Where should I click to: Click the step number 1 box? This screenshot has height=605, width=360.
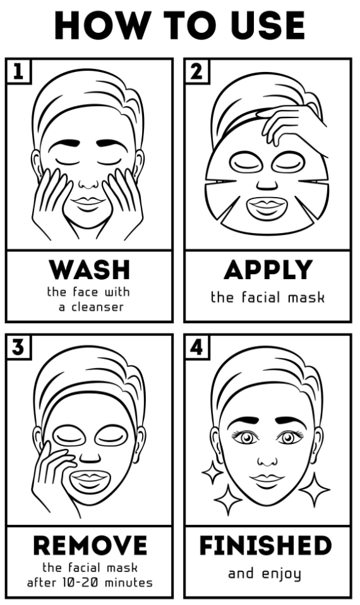click(x=18, y=71)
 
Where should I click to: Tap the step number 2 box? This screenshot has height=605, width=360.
click(x=197, y=71)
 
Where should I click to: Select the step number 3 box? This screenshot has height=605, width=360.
click(x=18, y=347)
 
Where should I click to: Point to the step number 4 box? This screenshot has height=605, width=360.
click(x=197, y=347)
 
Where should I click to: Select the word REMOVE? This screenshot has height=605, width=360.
click(x=90, y=545)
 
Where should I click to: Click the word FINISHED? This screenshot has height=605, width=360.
click(x=266, y=545)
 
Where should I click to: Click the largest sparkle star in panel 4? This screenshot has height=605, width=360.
click(x=315, y=489)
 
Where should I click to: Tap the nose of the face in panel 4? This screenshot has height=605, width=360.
click(x=267, y=460)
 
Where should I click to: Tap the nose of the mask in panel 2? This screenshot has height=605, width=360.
click(x=267, y=184)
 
